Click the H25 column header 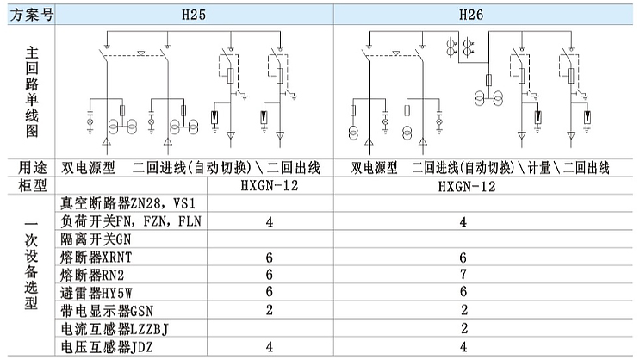point(194,16)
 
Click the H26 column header point(471,16)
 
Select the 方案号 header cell point(31,16)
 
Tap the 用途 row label point(32,168)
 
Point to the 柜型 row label point(32,186)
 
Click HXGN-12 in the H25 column point(270,186)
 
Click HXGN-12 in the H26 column point(467,187)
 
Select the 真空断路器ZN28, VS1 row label point(128,203)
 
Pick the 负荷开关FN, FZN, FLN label point(131,221)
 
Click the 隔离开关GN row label point(96,239)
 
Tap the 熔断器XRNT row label point(96,258)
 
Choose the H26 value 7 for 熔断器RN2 point(463,274)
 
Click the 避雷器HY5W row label point(96,293)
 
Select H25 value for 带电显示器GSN point(270,310)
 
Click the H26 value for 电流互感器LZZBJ point(464,328)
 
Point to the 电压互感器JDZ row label point(107,347)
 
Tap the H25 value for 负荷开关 point(270,222)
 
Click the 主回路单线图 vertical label point(32,92)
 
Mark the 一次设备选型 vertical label point(31,265)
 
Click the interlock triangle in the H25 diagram point(140,53)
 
